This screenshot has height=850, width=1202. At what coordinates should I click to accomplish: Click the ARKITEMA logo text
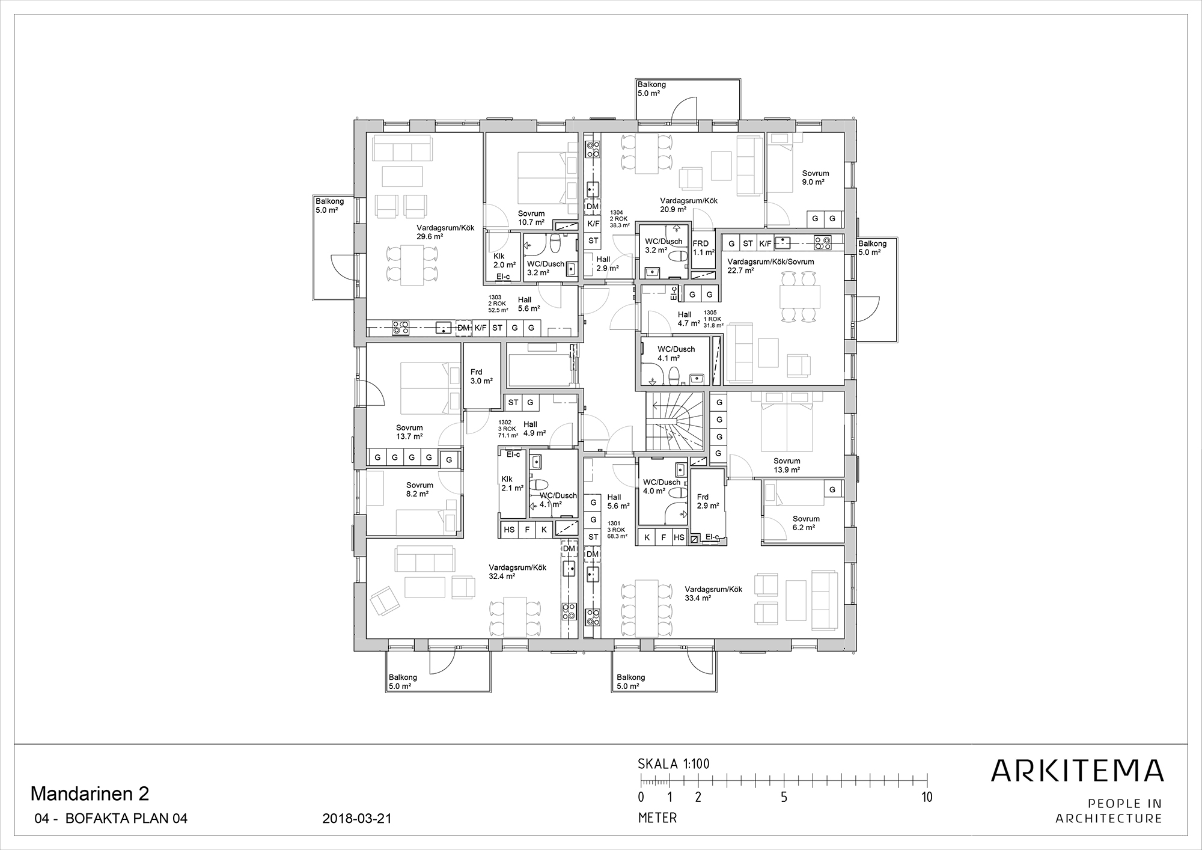(1077, 771)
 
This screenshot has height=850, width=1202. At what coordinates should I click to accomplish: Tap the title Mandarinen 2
(90, 794)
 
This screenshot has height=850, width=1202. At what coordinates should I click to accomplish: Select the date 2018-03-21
(357, 819)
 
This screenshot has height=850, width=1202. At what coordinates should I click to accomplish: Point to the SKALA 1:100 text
(673, 764)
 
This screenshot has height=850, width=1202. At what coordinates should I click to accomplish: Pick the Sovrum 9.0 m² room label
(815, 177)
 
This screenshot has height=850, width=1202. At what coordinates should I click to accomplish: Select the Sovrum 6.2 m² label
(805, 523)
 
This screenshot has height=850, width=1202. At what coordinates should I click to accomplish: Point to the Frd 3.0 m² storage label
(481, 376)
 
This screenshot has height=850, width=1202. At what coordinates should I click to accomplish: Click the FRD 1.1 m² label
(703, 248)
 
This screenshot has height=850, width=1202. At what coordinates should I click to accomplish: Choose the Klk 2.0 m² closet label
(504, 260)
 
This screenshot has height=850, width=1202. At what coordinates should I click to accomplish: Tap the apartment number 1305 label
(710, 313)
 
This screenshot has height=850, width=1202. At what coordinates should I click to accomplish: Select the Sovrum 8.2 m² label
(419, 489)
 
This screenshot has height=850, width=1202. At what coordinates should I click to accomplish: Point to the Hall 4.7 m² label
(689, 319)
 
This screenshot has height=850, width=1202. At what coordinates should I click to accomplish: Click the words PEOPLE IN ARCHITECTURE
(1109, 811)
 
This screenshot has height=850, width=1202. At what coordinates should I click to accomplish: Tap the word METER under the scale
(657, 818)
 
